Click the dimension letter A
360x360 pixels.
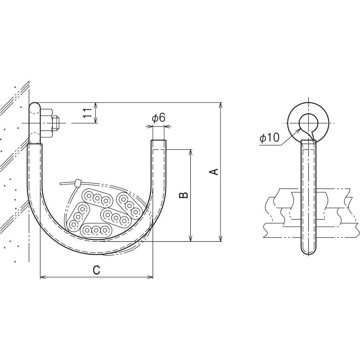[x=214, y=171]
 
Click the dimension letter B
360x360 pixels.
[x=184, y=195]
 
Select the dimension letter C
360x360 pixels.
[x=96, y=270]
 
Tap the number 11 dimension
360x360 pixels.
[x=87, y=113]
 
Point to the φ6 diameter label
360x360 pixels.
[x=158, y=118]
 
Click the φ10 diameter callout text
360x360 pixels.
[x=269, y=138]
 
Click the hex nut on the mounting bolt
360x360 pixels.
[x=47, y=123]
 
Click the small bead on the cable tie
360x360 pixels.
[x=78, y=183]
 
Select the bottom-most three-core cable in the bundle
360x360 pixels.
[x=96, y=230]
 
